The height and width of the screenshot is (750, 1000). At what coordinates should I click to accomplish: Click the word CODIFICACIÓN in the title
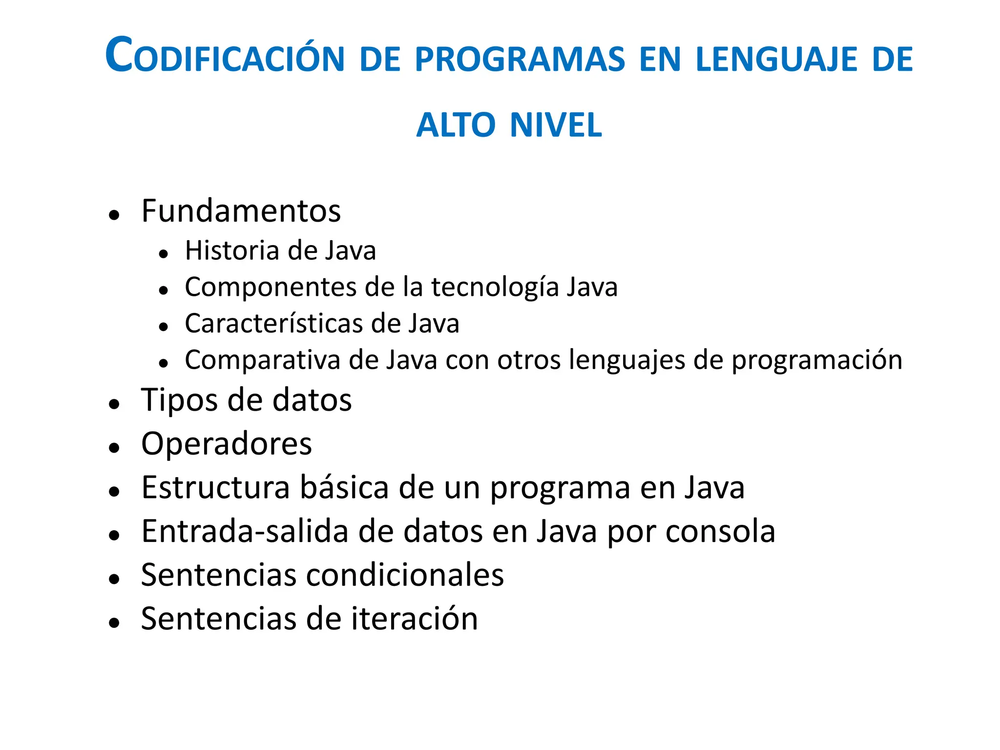225,58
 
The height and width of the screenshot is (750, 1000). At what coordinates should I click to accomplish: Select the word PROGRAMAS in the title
520,60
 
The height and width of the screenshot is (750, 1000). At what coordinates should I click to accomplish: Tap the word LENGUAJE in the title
776,60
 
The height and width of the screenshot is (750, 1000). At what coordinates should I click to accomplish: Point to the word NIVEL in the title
556,125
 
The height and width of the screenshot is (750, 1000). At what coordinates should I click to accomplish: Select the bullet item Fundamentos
241,211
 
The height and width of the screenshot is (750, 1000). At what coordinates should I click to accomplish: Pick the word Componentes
270,287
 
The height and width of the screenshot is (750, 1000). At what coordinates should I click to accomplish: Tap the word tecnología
495,287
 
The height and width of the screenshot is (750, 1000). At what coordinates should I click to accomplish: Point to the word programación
816,361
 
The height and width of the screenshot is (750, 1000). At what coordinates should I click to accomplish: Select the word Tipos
179,400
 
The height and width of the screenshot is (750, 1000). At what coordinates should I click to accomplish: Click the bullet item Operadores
227,444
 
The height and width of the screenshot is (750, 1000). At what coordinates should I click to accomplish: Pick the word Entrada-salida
245,531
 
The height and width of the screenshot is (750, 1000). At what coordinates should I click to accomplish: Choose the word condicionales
405,575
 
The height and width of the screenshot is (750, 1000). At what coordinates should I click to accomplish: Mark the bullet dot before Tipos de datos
114,404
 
